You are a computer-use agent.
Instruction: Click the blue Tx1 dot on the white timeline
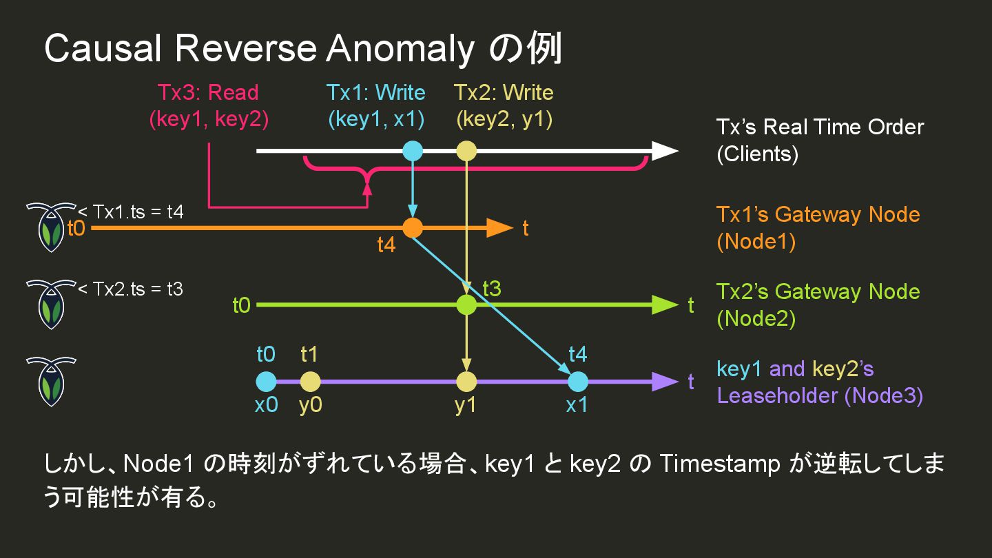coord(412,151)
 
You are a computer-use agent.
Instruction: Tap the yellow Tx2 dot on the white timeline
coord(466,151)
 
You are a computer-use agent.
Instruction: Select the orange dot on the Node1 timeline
coord(412,227)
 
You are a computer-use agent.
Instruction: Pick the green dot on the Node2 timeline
coord(466,304)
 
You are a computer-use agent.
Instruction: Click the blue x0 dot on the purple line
coord(266,381)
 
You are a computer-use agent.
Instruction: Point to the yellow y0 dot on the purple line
coord(310,381)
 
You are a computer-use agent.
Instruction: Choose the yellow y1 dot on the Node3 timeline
coord(466,381)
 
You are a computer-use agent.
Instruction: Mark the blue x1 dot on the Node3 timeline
coord(577,381)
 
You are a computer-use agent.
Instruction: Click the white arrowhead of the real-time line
coord(664,151)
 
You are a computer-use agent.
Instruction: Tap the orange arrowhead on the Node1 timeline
coord(499,227)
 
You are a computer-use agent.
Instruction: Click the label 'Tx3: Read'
coord(208,92)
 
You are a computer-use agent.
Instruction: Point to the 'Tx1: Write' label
coord(376,92)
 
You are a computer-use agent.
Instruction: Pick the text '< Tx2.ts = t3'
coord(130,288)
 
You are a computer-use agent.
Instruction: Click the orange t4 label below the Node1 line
coord(386,245)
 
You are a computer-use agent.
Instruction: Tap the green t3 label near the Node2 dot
coord(491,288)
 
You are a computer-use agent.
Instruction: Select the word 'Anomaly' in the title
coord(400,50)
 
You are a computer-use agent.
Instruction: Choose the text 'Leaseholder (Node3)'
coord(820,395)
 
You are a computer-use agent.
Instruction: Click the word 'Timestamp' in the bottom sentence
coord(719,464)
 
